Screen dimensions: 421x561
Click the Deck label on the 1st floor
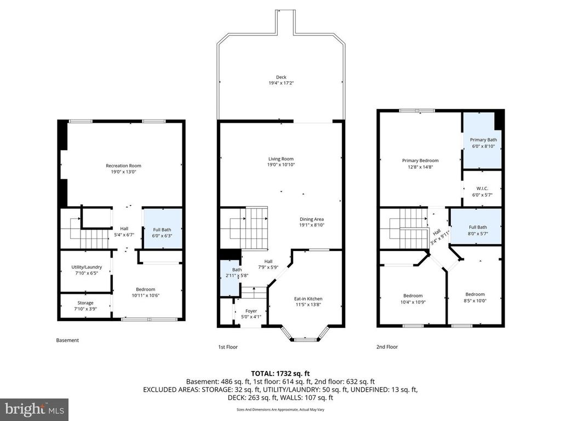pos(281,77)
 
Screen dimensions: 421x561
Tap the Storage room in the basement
pos(85,306)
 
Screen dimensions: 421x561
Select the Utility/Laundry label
pos(86,267)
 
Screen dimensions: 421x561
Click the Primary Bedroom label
pos(420,161)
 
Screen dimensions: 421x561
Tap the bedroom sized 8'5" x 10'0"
pos(475,297)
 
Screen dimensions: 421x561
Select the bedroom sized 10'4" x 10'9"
pos(413,299)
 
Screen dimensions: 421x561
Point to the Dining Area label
pos(311,219)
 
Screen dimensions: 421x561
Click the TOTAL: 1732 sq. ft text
pos(280,373)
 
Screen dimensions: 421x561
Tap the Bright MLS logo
pos(34,409)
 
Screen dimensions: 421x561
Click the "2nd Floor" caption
pos(387,346)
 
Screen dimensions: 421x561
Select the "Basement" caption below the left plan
pos(68,340)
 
